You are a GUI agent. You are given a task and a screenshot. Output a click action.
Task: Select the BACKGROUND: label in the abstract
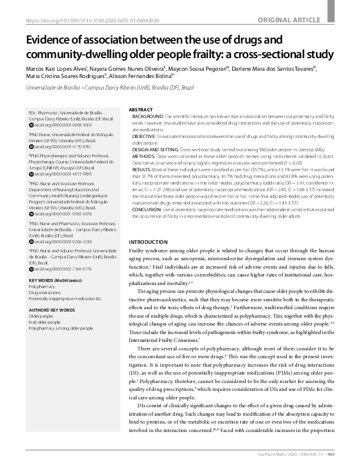coord(148,115)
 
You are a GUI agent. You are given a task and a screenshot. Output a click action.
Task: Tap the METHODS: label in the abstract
coord(143,155)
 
